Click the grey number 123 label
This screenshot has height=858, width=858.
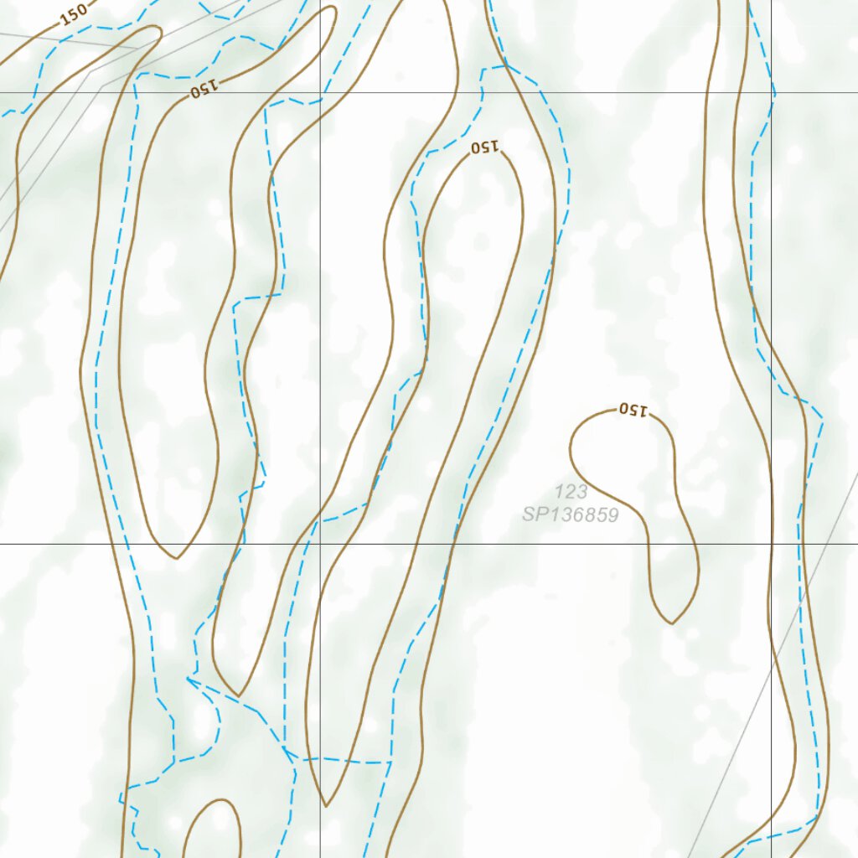[571, 492]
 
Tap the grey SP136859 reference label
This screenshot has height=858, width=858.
[571, 514]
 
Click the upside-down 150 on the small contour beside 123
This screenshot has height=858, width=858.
[633, 411]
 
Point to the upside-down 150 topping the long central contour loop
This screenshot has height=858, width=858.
[485, 148]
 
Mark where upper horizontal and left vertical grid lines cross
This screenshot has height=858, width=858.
[320, 92]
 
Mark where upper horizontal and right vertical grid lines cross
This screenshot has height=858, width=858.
[772, 92]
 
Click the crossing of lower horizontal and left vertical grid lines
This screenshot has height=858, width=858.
[320, 544]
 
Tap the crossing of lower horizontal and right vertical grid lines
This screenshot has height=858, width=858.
[772, 544]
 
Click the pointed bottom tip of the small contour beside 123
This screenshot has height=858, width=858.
[672, 623]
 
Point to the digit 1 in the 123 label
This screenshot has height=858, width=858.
[560, 492]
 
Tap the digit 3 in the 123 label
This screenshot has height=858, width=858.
[581, 492]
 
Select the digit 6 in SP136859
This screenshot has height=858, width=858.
[580, 514]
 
